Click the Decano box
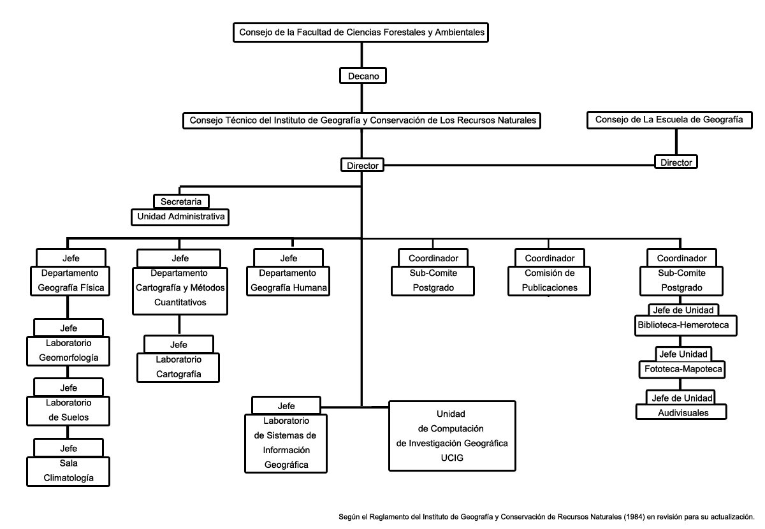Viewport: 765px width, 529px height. tap(363, 75)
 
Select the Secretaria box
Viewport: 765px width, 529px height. tap(181, 201)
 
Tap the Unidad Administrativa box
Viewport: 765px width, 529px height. tap(180, 217)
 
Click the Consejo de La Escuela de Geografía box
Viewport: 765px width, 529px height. tap(669, 120)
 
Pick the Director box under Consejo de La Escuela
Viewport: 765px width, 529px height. tap(676, 162)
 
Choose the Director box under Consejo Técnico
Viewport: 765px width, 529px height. tap(362, 165)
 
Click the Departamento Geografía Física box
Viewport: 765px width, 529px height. tap(70, 280)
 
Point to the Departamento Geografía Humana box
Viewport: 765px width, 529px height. tap(288, 280)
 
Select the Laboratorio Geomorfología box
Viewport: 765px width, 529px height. tap(68, 351)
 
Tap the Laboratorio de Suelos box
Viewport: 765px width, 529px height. tap(68, 411)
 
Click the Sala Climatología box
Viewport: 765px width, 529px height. tap(68, 471)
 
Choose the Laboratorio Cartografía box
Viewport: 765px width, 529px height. tap(178, 368)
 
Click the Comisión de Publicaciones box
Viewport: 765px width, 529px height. tap(549, 280)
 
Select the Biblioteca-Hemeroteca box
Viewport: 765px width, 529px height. tap(686, 326)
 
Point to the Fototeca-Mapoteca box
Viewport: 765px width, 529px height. tap(682, 370)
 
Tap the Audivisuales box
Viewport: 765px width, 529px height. tap(681, 412)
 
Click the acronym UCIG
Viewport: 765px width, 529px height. tap(452, 458)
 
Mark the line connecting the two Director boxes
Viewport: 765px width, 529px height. tap(519, 165)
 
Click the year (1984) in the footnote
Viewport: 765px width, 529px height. tap(634, 517)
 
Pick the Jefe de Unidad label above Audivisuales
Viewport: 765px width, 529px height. tap(681, 398)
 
